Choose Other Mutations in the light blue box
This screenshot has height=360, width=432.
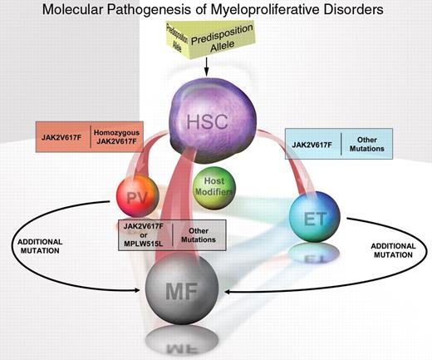(x=369, y=145)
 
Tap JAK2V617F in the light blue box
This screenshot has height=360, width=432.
(x=317, y=145)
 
